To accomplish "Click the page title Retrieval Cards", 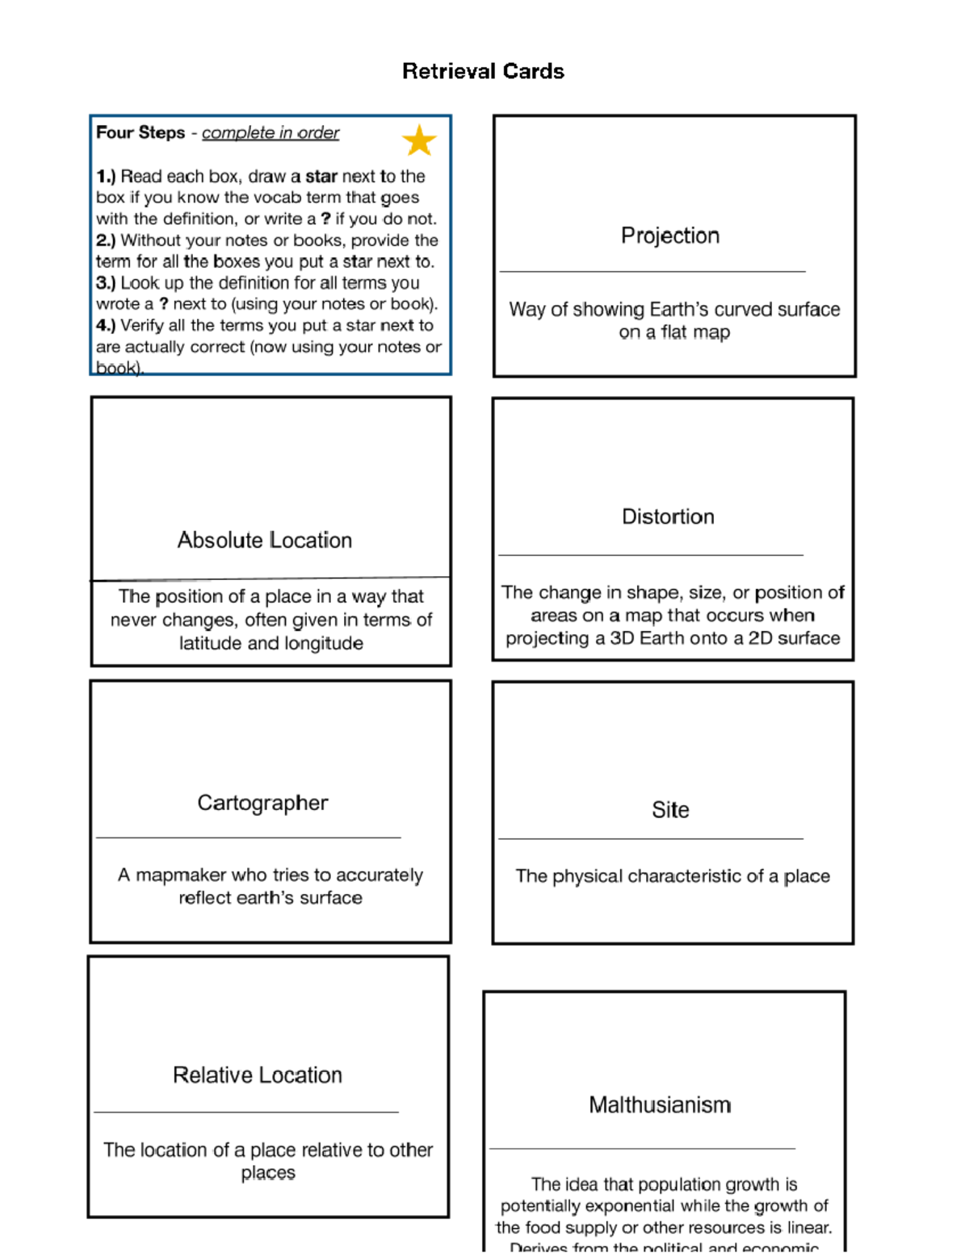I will pyautogui.click(x=483, y=72).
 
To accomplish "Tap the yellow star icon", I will pyautogui.click(x=419, y=140).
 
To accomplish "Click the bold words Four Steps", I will pyautogui.click(x=141, y=132).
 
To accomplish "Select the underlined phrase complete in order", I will pyautogui.click(x=271, y=132).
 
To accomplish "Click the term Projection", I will pyautogui.click(x=669, y=236).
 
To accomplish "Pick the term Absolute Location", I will pyautogui.click(x=265, y=540).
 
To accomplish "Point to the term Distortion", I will pyautogui.click(x=668, y=516).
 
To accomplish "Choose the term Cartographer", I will pyautogui.click(x=262, y=803).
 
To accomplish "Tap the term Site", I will pyautogui.click(x=670, y=809).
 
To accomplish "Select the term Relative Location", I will pyautogui.click(x=258, y=1075).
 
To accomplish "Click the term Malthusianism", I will pyautogui.click(x=660, y=1105).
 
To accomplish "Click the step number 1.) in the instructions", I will pyautogui.click(x=106, y=176).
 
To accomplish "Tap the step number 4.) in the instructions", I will pyautogui.click(x=106, y=325).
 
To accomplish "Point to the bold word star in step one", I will pyautogui.click(x=321, y=176).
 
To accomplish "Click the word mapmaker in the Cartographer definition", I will pyautogui.click(x=181, y=875).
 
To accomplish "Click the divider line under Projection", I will pyautogui.click(x=652, y=272).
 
